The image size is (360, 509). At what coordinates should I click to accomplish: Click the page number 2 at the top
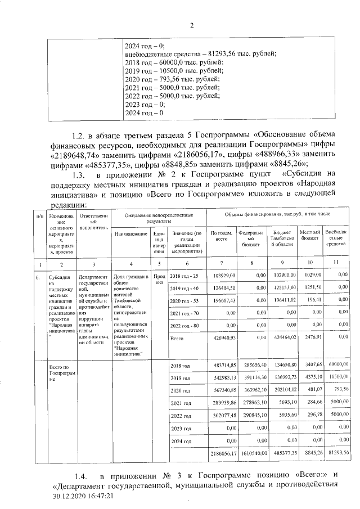(x=191, y=25)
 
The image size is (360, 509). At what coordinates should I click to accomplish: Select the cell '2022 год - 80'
(x=184, y=325)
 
